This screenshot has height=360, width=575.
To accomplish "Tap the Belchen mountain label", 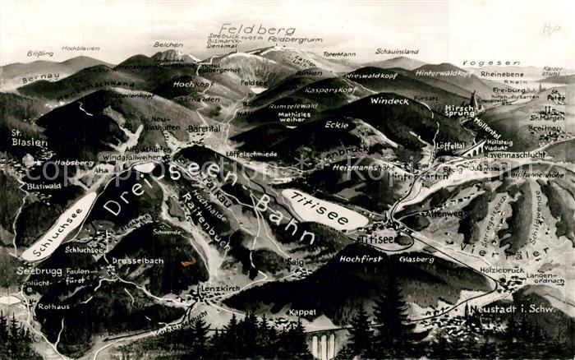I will [168, 44].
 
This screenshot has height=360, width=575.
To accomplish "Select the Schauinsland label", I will [397, 51].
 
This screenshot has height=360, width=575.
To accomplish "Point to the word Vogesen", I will [479, 62].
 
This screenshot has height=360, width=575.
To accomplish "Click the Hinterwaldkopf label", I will [444, 73].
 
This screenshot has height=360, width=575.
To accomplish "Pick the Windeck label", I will [389, 101].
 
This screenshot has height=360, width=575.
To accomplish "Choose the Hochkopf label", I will [193, 84].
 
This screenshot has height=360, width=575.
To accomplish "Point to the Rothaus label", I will [53, 307].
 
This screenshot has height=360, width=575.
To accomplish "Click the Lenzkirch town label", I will [220, 288].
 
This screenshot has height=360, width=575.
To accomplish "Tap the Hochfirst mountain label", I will [362, 258].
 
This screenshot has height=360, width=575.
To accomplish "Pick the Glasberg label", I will [416, 259].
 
